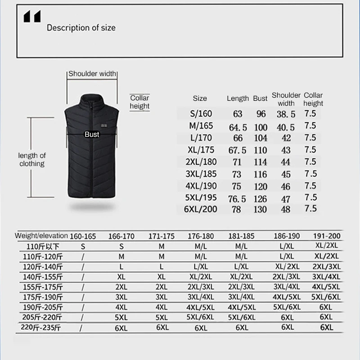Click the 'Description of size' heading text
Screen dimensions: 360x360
point(81,28)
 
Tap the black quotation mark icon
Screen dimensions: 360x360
point(32,17)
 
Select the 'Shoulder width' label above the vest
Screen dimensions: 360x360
point(92,74)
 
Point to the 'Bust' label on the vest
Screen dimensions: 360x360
point(92,134)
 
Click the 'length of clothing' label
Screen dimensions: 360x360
point(32,160)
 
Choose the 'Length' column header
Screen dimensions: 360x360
point(238,99)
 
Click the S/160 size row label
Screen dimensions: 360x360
point(201,113)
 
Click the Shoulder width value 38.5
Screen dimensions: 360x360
point(286,115)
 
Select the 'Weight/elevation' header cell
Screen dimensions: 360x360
point(41,236)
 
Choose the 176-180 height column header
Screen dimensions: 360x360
point(201,236)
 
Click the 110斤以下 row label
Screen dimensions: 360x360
point(43,247)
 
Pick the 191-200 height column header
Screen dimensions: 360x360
point(326,236)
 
